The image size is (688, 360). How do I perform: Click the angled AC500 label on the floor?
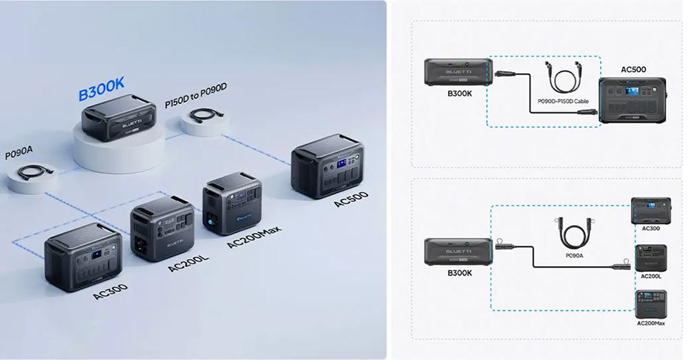pyautogui.click(x=350, y=199)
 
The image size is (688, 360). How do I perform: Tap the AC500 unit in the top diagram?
pyautogui.click(x=632, y=99)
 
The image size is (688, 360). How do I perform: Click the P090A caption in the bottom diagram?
pyautogui.click(x=573, y=255)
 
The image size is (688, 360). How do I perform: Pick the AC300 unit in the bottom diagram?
pyautogui.click(x=649, y=210)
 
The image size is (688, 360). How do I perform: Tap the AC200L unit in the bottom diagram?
pyautogui.click(x=649, y=258)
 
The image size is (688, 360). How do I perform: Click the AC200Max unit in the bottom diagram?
pyautogui.click(x=649, y=304)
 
